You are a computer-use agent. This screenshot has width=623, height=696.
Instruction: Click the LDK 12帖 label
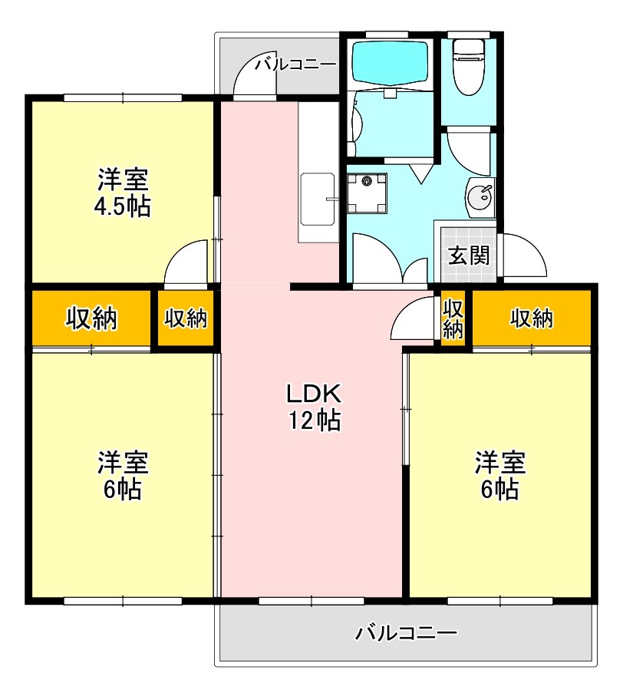click(x=314, y=407)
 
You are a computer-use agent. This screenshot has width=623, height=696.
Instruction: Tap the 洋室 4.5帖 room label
click(x=123, y=193)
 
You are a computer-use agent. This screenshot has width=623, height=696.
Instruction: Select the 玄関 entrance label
click(x=468, y=256)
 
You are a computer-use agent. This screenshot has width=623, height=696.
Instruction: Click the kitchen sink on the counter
click(x=317, y=199)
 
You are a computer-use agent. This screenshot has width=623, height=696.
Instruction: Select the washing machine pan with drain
click(x=366, y=193)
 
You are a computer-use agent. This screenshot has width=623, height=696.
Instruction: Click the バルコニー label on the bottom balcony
click(x=407, y=633)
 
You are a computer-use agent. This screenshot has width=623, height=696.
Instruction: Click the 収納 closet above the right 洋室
click(x=532, y=318)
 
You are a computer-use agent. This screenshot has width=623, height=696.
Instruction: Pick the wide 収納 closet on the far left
click(x=91, y=318)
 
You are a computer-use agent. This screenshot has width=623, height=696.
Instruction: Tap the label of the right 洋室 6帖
click(x=499, y=476)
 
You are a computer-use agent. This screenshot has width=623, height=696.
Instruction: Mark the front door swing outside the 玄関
click(x=523, y=257)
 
